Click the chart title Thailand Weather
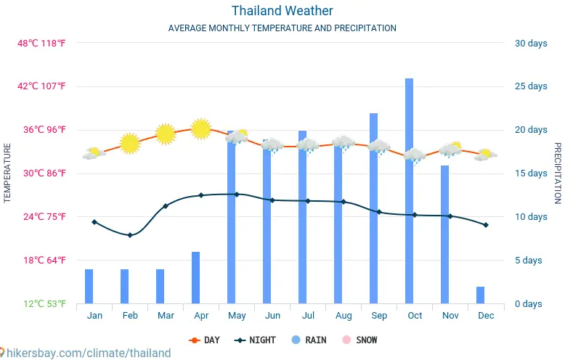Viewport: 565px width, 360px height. (282, 11)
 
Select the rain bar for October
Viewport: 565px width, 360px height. (409, 190)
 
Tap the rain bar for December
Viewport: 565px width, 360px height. (480, 295)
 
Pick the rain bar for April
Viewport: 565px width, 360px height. (195, 277)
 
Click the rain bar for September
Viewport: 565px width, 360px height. (373, 208)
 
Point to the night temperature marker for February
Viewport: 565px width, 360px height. (130, 235)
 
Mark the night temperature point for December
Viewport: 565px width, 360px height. (486, 225)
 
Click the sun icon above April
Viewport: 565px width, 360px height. (200, 128)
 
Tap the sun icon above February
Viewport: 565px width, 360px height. (129, 143)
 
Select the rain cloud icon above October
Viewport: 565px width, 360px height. (415, 156)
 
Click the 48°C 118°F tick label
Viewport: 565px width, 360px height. (41, 43)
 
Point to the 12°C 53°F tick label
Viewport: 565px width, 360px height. (41, 303)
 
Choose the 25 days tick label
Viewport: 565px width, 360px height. (531, 86)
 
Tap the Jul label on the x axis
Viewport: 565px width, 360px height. (308, 316)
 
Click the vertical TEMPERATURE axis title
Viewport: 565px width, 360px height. (7, 173)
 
